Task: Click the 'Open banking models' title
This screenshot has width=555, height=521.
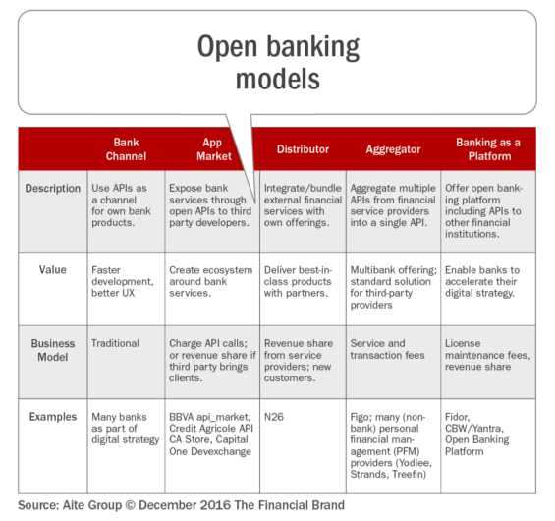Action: point(278,62)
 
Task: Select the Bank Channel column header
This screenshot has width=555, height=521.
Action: point(126,149)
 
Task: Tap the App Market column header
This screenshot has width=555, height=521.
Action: point(214,149)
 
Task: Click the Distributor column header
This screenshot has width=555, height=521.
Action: point(303,149)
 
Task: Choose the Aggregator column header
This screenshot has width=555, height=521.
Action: point(393,149)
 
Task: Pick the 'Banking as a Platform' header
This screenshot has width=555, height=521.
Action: point(488,149)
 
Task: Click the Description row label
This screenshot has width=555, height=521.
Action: point(53,188)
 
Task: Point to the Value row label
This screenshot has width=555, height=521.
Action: point(53,270)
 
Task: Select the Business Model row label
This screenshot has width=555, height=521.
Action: point(53,350)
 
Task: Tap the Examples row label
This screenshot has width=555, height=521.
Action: point(53,417)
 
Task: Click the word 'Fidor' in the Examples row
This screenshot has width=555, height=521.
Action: point(457,417)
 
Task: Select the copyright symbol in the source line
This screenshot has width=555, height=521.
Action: point(130,505)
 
